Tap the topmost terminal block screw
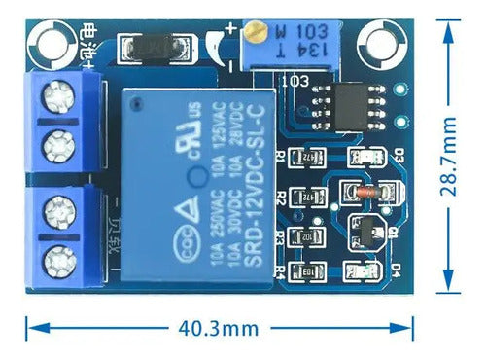tap(54, 100)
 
